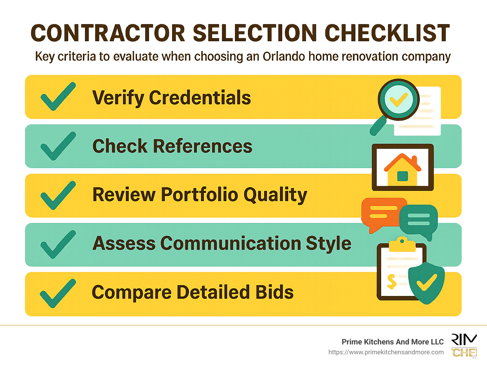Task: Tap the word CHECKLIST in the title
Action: pyautogui.click(x=387, y=33)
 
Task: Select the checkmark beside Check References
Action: pyautogui.click(x=58, y=146)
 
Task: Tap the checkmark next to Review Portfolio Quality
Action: pyautogui.click(x=58, y=195)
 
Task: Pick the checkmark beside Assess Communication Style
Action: pyautogui.click(x=58, y=245)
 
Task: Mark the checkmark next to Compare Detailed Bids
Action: pyautogui.click(x=58, y=293)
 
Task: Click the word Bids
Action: pyautogui.click(x=275, y=292)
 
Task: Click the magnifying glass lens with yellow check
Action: pyautogui.click(x=398, y=99)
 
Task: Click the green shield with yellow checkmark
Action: pyautogui.click(x=426, y=282)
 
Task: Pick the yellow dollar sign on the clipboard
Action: pyautogui.click(x=392, y=282)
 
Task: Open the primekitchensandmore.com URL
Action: pyautogui.click(x=386, y=352)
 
